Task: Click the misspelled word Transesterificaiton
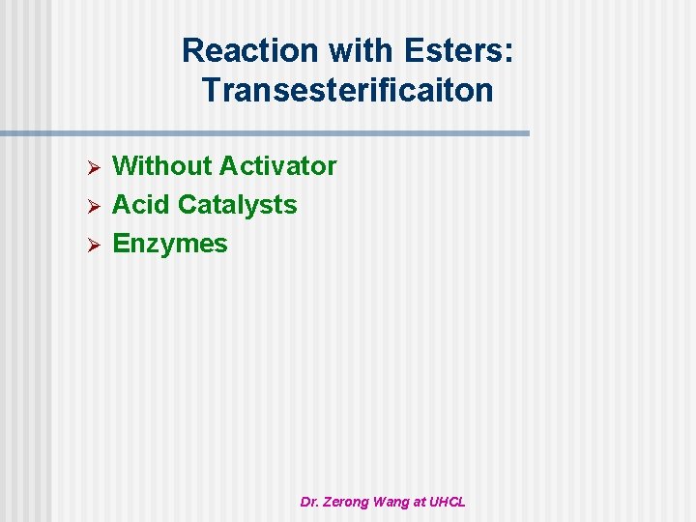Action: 348,91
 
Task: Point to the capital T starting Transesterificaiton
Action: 210,91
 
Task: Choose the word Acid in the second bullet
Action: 142,205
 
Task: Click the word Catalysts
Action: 238,205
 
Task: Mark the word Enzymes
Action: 170,244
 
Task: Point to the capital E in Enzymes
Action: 121,244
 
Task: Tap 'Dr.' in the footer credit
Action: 309,502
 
